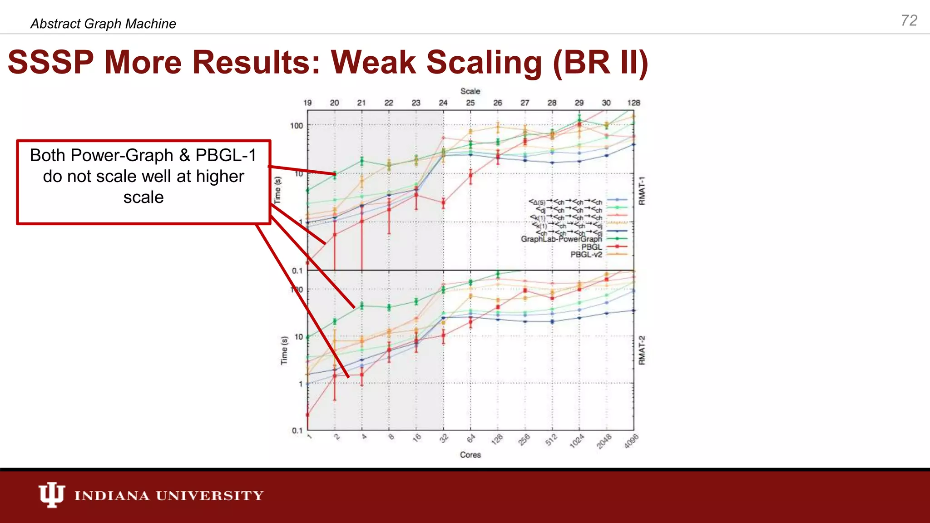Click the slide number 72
click(x=909, y=20)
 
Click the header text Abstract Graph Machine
click(x=103, y=24)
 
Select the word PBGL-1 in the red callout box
click(x=226, y=155)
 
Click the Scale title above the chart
click(x=470, y=91)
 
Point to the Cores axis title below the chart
click(x=470, y=454)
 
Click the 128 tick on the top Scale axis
click(x=633, y=103)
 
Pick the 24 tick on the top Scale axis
click(x=443, y=103)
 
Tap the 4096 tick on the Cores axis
click(x=631, y=441)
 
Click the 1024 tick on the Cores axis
click(x=577, y=441)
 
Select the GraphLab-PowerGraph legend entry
click(x=561, y=239)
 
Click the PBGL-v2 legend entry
click(x=586, y=255)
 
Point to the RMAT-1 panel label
click(x=642, y=191)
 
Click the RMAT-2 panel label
click(x=642, y=350)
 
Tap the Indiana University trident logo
click(x=51, y=494)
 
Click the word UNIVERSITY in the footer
click(x=210, y=495)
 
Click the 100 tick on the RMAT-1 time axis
click(x=296, y=126)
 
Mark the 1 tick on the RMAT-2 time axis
click(x=300, y=384)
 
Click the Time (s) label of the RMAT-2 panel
click(x=284, y=350)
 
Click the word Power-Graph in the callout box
click(x=122, y=155)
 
